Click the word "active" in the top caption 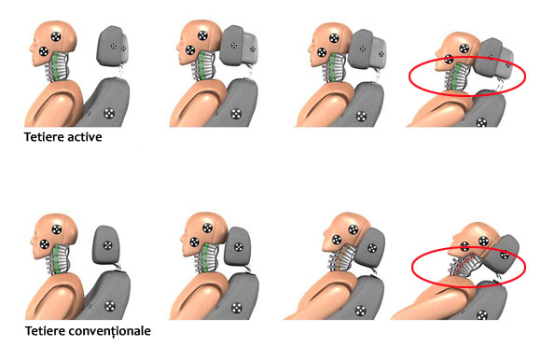[85, 137]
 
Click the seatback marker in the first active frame [109, 113]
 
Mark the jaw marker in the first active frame [44, 51]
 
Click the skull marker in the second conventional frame [207, 228]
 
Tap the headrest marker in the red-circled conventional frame [505, 256]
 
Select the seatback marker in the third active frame [361, 117]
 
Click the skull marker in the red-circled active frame [465, 48]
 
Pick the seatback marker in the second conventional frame [236, 308]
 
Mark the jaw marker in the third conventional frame [337, 240]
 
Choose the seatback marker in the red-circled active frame [481, 122]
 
